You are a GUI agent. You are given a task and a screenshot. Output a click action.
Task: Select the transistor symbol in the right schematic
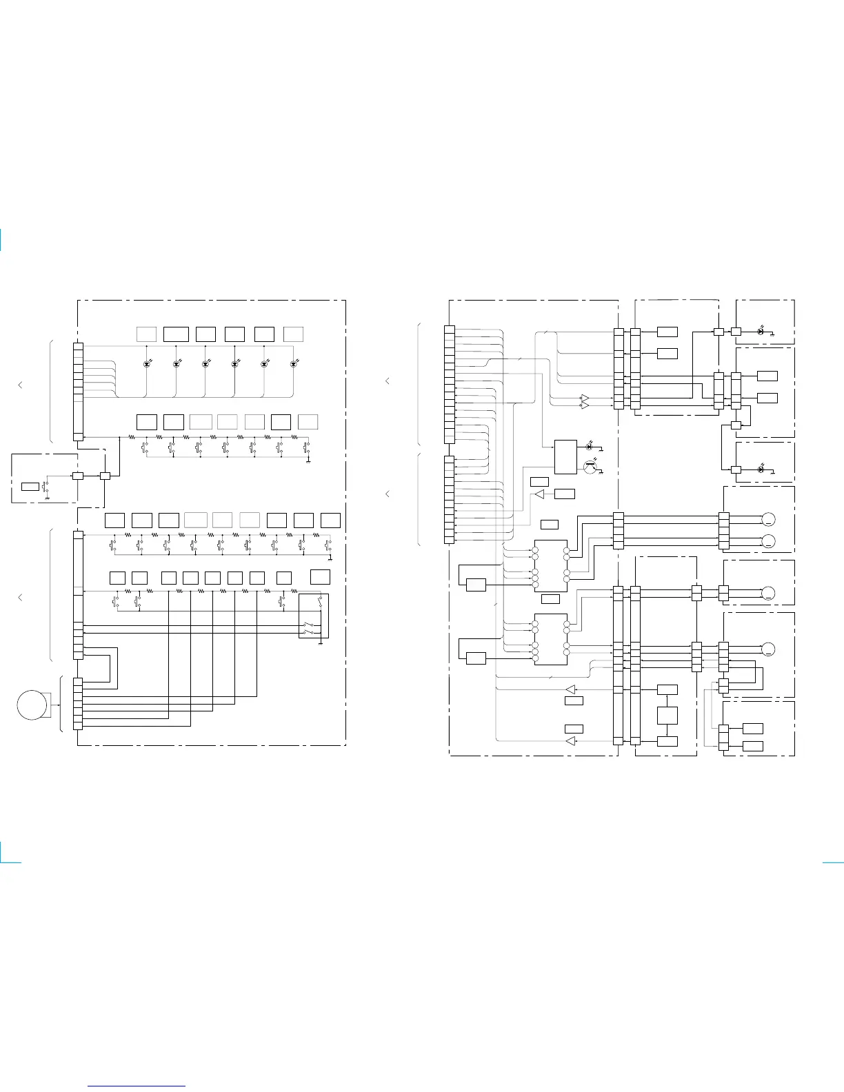pos(590,466)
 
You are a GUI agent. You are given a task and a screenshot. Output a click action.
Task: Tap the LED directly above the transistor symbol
pos(590,447)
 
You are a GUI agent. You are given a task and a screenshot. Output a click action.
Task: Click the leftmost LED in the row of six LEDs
pos(146,363)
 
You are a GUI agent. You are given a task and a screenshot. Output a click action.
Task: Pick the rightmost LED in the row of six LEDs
pos(294,363)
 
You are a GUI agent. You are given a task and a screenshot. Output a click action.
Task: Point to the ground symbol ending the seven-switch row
pos(308,458)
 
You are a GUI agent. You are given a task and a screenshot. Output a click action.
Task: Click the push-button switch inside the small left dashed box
pos(46,486)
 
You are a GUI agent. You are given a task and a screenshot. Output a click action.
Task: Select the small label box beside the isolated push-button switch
pos(30,487)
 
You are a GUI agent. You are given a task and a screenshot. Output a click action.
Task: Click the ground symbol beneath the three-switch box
pos(321,644)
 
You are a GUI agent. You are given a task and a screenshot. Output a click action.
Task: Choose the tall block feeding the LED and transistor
pos(565,456)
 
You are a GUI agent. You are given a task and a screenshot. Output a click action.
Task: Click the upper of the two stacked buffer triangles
pos(585,398)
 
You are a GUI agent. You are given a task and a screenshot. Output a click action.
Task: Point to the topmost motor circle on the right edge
pos(768,519)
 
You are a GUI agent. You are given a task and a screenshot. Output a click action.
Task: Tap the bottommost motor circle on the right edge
pos(768,649)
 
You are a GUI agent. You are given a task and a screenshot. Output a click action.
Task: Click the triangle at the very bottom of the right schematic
pos(570,741)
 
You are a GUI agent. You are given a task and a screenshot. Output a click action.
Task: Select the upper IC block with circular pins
pos(551,565)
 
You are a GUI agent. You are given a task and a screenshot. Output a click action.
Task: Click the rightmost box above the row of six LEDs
pos(293,334)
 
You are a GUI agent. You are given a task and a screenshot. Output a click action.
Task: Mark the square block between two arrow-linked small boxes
pos(667,715)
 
